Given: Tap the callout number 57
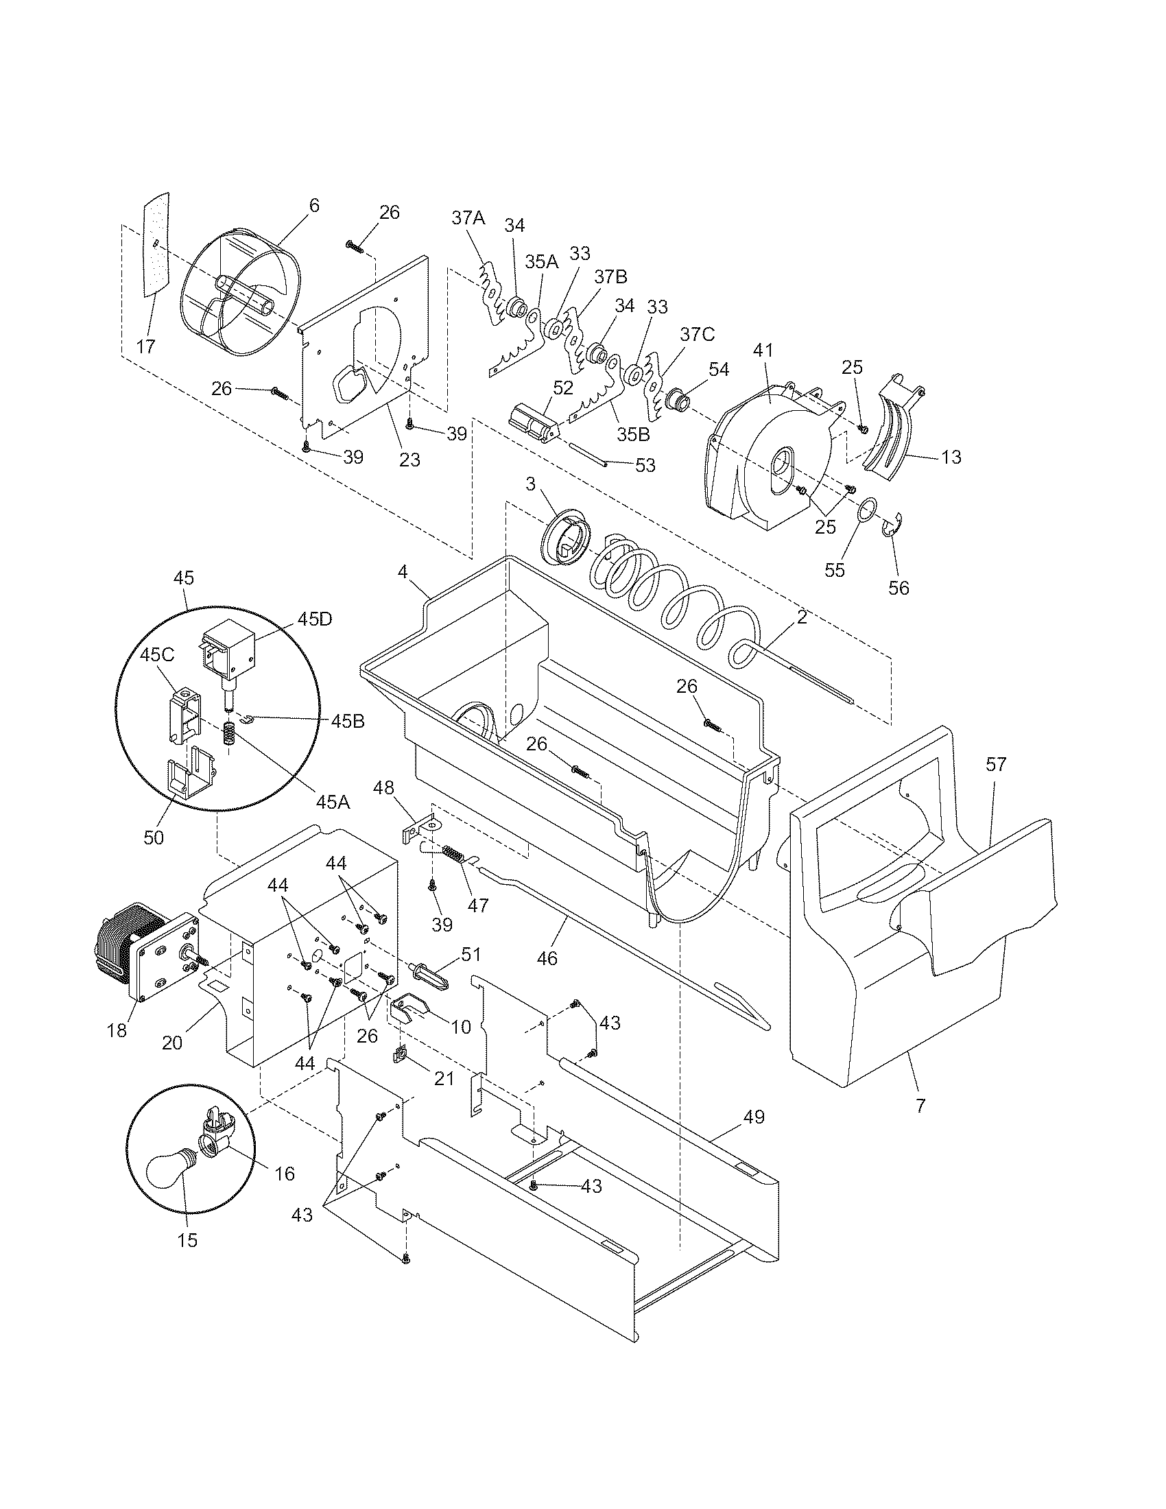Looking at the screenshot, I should pos(996,765).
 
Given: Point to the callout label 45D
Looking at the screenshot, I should pos(315,619).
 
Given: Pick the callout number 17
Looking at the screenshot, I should pos(145,347).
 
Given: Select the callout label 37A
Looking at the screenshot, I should pos(468,219).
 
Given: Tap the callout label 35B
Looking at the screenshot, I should pos(634,436).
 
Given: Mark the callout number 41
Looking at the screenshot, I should pos(763,350).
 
